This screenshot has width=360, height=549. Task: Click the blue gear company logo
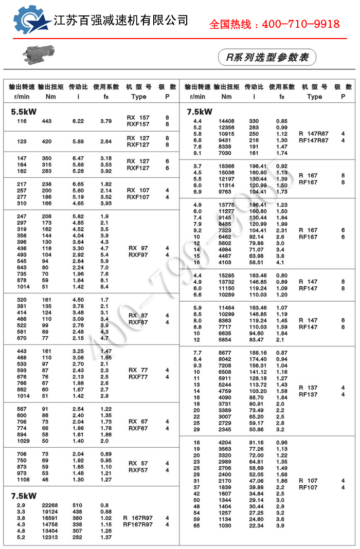click(x=32, y=21)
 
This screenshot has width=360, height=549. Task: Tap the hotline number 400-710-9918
click(x=274, y=24)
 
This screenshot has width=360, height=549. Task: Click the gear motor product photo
click(x=38, y=53)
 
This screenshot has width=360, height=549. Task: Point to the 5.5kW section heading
click(x=24, y=111)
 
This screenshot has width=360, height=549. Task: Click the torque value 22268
click(x=50, y=505)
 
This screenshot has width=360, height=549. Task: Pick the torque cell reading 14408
click(x=226, y=121)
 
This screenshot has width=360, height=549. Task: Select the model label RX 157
click(x=138, y=118)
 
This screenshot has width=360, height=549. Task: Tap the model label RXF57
click(x=138, y=470)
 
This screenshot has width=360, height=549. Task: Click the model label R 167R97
click(x=138, y=518)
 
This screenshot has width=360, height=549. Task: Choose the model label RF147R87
click(x=313, y=140)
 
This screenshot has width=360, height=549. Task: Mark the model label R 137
click(x=308, y=388)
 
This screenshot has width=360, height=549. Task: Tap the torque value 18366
click(x=226, y=166)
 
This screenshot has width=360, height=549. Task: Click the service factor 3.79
click(x=106, y=121)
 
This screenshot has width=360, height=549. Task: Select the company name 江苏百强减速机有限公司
click(x=121, y=20)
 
